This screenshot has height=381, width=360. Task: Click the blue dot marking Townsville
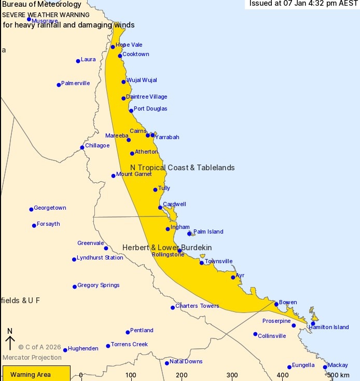point(202,263)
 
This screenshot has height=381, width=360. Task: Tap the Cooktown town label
point(136,54)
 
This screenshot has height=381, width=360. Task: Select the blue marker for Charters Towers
point(173,307)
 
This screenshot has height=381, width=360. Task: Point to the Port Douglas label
point(150,109)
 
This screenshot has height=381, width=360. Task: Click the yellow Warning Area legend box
point(36,374)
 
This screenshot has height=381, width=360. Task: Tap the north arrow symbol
point(10,340)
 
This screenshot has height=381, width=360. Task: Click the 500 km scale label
point(338,375)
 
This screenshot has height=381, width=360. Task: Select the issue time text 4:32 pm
point(314,4)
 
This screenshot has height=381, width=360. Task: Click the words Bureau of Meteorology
point(41,5)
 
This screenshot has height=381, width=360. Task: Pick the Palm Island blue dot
point(189,234)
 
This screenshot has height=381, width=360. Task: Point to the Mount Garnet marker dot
point(114,175)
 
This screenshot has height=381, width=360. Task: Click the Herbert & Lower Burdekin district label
point(167,248)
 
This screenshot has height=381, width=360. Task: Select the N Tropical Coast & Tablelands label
point(182,168)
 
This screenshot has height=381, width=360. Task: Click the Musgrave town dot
point(29,19)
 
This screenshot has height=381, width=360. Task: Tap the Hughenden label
point(83,349)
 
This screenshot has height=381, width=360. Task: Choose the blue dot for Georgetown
point(31,209)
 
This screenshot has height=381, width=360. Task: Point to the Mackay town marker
point(325,367)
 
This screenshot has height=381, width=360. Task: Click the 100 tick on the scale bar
point(131,375)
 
